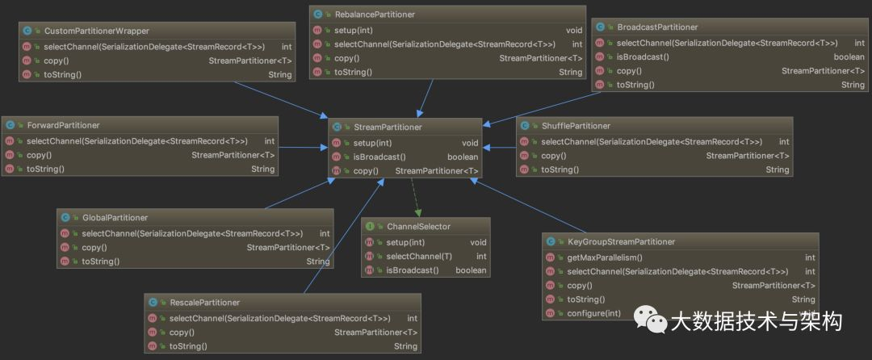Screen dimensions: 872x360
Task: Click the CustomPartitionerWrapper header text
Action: tap(96, 31)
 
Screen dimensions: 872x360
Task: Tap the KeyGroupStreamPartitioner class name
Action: tap(621, 242)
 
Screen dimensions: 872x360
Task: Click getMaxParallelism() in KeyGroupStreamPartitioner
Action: tap(605, 257)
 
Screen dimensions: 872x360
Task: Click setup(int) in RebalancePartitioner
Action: tap(353, 30)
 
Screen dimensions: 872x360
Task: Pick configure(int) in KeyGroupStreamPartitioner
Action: tap(593, 313)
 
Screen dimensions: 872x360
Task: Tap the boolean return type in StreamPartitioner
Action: tap(463, 157)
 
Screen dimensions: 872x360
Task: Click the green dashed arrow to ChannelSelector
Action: tap(415, 198)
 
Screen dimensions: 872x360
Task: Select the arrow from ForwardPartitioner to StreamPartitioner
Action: tap(303, 148)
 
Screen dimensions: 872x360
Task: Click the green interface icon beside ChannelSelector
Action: tap(370, 227)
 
